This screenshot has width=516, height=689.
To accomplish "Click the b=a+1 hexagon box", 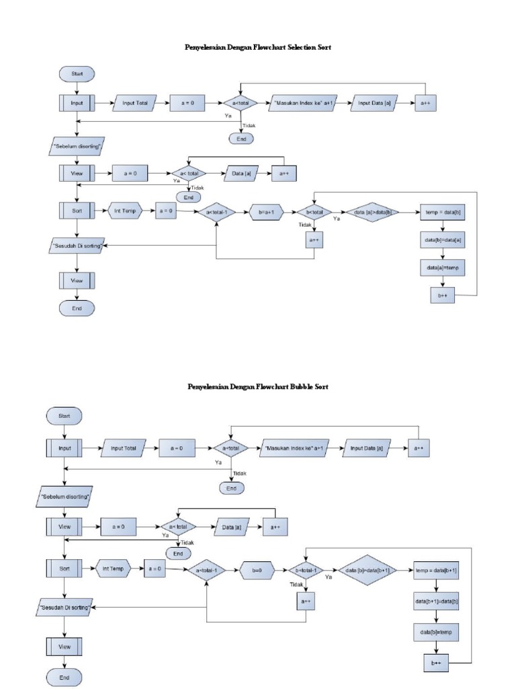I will [x=267, y=212].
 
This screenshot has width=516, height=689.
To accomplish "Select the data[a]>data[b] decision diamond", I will [x=373, y=212].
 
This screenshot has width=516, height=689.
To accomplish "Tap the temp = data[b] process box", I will [x=443, y=212].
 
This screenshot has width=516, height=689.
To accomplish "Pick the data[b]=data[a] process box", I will [x=443, y=240].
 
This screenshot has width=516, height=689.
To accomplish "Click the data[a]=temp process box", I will [x=443, y=267].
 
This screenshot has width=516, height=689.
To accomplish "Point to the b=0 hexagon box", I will [x=256, y=571].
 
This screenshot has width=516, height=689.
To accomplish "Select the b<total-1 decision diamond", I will [x=306, y=571].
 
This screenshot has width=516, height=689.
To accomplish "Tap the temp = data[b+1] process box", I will [x=437, y=571].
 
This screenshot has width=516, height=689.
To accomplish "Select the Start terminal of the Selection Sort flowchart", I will [x=77, y=73].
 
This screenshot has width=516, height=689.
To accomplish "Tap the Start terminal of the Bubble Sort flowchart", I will [x=64, y=416].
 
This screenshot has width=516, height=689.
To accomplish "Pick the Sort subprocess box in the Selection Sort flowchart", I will [x=77, y=211].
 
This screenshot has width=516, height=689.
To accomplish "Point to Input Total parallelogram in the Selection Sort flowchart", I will [x=135, y=104].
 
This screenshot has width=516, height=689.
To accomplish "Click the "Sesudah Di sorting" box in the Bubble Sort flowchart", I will [x=64, y=606].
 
